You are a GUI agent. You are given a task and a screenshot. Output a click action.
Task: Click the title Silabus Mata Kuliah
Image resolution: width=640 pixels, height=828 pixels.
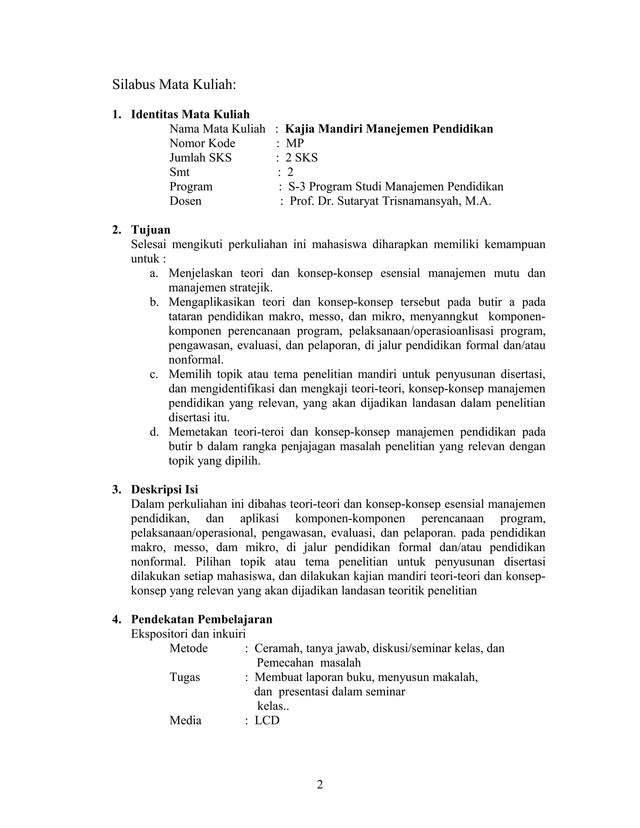point(174,85)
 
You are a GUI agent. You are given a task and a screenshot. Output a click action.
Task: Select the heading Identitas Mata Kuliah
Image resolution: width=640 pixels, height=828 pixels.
point(190,114)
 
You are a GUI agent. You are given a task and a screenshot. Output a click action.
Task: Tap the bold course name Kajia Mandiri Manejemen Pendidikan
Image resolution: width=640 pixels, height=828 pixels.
point(389,129)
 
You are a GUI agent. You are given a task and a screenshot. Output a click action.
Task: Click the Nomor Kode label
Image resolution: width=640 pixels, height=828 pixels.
point(202,143)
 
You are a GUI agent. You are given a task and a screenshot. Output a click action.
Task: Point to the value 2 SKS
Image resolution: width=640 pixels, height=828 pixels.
point(302,158)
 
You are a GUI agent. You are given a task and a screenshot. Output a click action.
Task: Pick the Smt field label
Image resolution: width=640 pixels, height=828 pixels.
point(179,172)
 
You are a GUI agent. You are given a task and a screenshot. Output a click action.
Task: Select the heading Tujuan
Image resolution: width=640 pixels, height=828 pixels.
point(151,230)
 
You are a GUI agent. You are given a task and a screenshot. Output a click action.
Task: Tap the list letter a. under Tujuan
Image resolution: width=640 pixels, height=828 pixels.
point(153,273)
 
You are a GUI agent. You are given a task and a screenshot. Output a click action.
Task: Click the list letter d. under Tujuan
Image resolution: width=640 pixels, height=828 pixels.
point(153,432)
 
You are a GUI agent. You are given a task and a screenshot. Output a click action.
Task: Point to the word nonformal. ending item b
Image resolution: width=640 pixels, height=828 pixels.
point(196,359)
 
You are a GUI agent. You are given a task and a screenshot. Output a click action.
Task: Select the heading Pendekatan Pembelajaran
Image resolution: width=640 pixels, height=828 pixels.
point(202,619)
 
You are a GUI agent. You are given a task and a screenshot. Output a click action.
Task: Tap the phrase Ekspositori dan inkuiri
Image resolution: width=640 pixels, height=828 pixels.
point(188,634)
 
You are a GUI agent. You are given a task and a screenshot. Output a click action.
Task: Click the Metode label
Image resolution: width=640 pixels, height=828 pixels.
point(188,648)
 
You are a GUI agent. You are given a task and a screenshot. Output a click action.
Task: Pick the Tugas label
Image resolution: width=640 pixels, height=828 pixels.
point(185,677)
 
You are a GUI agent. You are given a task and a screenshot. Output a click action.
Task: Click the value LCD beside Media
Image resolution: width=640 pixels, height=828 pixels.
point(267,720)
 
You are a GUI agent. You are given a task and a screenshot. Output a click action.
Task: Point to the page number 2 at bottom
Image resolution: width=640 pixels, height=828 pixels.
point(320,784)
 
